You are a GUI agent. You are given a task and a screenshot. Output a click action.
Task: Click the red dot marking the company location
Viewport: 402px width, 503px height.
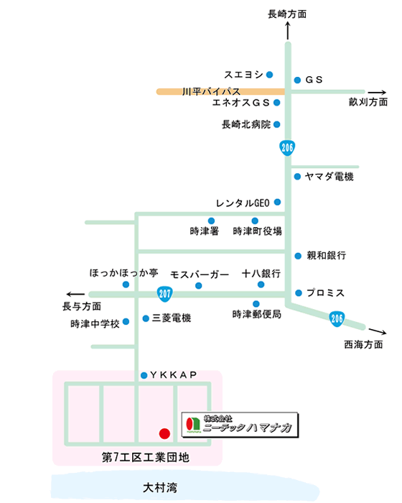(x=164, y=433)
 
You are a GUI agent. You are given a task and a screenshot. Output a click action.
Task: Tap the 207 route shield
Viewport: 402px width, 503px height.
(x=165, y=293)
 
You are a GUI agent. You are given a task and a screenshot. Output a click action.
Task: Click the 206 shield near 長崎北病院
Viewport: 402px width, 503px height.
(x=287, y=147)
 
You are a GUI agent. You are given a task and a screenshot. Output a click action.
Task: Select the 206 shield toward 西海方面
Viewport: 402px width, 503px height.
(x=337, y=318)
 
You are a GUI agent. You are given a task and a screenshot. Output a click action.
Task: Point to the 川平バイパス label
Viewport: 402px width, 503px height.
(x=211, y=91)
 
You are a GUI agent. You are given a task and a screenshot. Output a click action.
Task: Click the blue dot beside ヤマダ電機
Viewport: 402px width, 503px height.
(x=297, y=177)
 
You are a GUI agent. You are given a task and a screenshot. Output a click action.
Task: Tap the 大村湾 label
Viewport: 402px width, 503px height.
(x=160, y=488)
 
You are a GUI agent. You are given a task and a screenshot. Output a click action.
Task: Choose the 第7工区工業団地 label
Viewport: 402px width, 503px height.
(x=146, y=457)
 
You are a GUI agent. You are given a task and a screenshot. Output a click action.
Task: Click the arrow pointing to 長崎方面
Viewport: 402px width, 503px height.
(x=288, y=31)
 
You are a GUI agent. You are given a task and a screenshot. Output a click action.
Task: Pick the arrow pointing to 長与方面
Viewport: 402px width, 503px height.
(x=75, y=294)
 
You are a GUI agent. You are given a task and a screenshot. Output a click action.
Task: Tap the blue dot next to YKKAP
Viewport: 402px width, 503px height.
(x=144, y=375)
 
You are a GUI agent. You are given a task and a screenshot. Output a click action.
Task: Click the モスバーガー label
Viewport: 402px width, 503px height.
(x=200, y=274)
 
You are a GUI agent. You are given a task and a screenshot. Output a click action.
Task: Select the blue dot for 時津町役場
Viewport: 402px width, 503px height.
(x=255, y=221)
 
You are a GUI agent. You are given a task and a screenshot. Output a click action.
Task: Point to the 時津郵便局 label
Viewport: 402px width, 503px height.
(x=257, y=315)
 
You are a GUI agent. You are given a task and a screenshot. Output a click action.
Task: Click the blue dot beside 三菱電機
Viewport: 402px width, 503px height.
(x=146, y=318)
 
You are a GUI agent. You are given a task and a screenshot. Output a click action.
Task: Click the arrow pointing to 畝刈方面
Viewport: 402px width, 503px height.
(x=377, y=93)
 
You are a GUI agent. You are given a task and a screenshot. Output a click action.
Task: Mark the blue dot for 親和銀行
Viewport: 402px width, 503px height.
(x=298, y=256)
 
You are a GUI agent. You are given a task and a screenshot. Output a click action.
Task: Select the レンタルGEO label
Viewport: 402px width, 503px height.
(x=243, y=203)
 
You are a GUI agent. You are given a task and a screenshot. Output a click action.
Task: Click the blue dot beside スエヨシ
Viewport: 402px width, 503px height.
(x=270, y=75)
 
